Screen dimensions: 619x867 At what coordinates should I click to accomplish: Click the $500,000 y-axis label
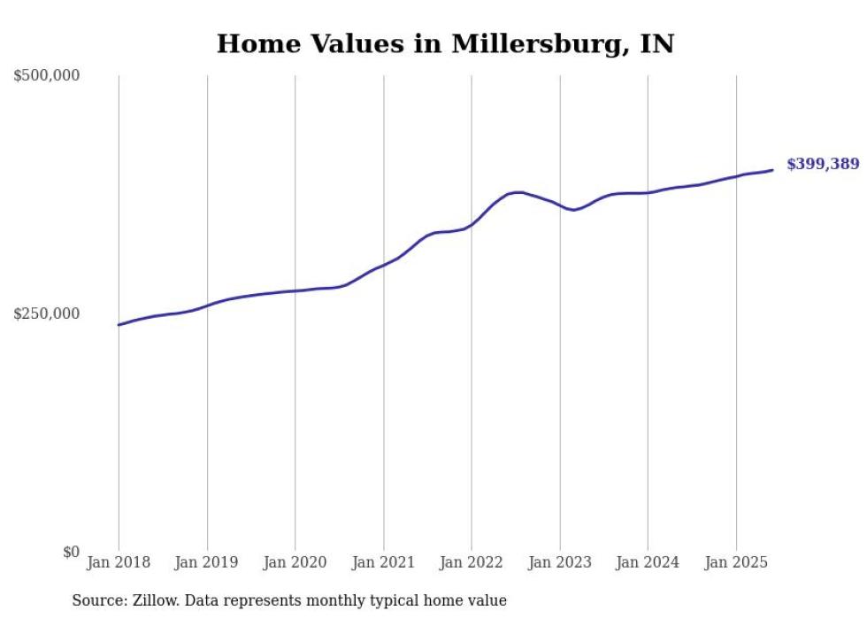47,76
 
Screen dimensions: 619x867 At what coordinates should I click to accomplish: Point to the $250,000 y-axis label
47,313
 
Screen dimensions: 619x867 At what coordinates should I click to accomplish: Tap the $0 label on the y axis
71,552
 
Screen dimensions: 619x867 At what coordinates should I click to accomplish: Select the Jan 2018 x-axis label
119,562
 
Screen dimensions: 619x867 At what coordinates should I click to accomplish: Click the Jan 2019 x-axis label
207,562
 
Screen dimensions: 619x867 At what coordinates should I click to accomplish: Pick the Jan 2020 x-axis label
295,562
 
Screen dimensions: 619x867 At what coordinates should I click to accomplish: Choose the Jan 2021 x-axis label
383,562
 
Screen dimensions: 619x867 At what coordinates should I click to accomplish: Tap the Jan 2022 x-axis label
472,562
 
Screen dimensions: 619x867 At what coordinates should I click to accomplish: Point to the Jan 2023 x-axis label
559,562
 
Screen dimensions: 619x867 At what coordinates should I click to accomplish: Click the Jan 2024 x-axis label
648,562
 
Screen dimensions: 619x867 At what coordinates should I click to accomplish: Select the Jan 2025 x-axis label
735,562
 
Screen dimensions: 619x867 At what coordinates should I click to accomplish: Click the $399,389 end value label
822,164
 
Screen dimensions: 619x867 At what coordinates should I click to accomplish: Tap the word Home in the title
255,44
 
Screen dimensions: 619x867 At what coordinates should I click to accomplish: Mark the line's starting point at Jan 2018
119,325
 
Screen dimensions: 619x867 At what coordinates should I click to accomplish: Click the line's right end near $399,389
772,170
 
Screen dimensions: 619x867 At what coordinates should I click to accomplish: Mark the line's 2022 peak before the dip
518,192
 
